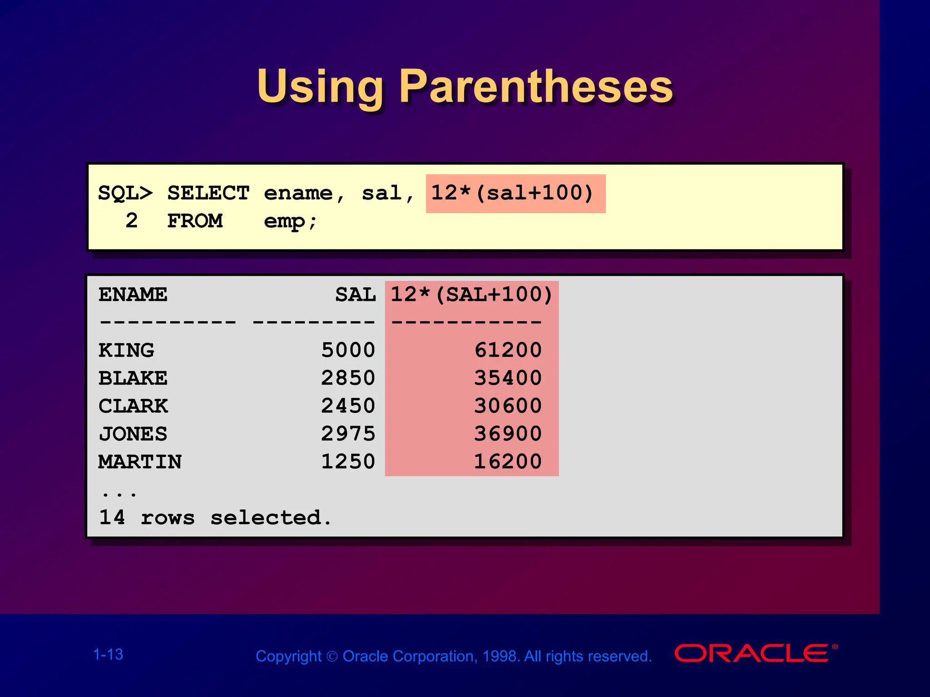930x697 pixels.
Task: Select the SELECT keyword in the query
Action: coord(208,193)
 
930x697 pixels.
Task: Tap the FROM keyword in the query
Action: coord(195,221)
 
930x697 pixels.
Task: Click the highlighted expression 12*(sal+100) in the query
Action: coord(512,193)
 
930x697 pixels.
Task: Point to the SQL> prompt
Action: coord(125,193)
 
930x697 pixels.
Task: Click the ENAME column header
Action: coord(133,295)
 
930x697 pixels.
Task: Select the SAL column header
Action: coord(356,295)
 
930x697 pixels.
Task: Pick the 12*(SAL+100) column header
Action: coord(471,295)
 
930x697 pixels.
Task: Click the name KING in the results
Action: coord(126,351)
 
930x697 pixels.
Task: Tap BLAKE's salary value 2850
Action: coord(348,378)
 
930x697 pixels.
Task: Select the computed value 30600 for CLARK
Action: coord(508,406)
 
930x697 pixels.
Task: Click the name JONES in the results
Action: coord(133,434)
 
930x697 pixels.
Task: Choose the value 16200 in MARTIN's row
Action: coord(508,462)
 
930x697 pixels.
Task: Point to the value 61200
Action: coord(508,351)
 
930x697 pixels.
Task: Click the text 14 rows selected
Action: coord(215,518)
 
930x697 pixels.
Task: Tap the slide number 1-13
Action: coord(108,655)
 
